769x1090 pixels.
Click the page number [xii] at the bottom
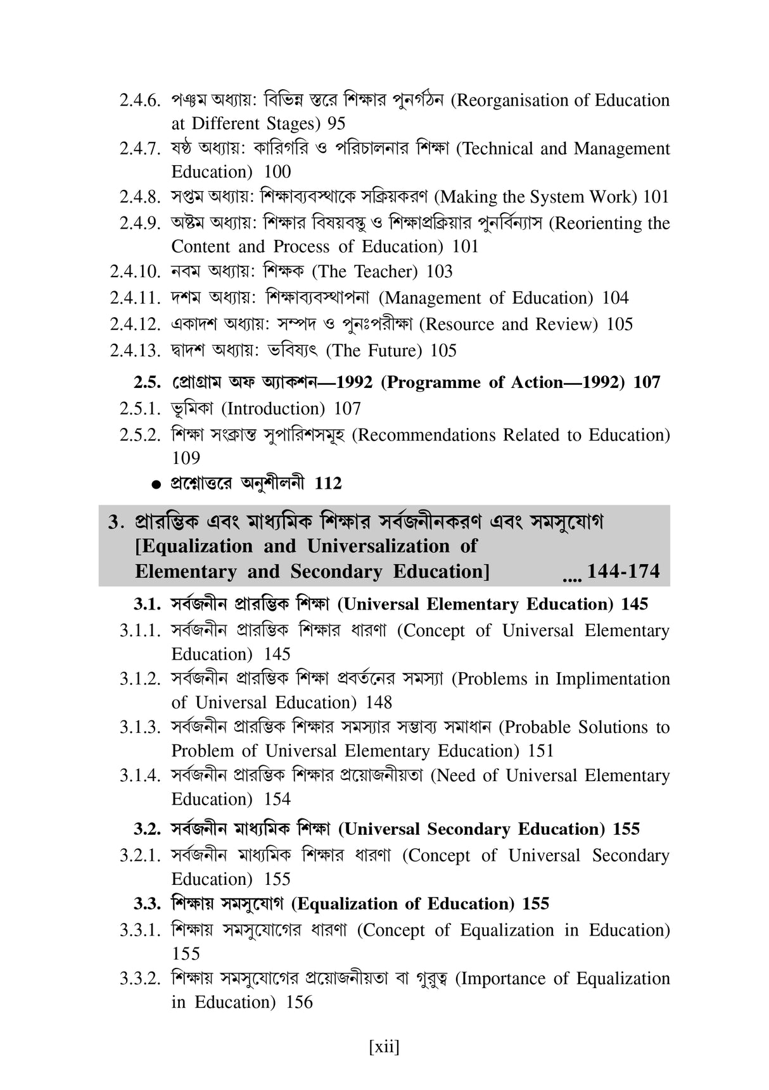pos(384,1047)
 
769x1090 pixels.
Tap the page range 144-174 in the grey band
pos(623,572)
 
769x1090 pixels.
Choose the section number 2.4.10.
pos(135,272)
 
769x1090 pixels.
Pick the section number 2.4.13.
pos(135,351)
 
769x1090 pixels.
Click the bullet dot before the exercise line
pos(156,485)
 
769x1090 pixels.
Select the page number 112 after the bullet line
pos(328,484)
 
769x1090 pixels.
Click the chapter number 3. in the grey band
pos(115,523)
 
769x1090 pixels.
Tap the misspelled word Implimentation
pos(613,679)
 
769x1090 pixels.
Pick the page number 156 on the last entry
pos(300,1003)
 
